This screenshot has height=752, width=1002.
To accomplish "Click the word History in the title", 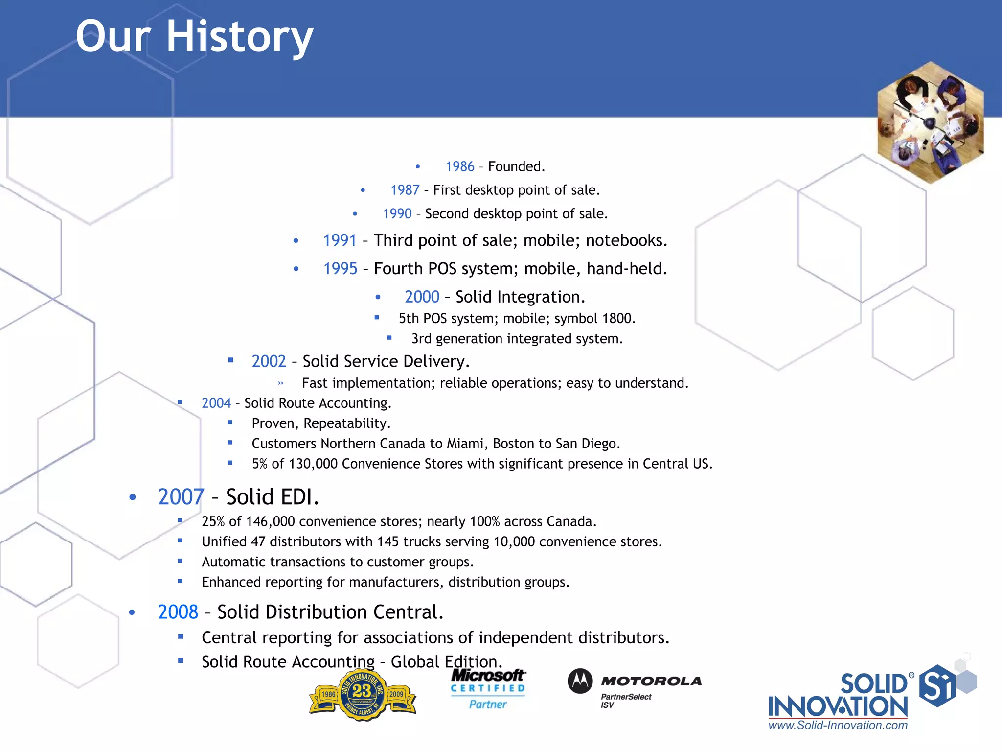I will point(240,37).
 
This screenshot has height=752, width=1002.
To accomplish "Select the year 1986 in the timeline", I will point(459,167).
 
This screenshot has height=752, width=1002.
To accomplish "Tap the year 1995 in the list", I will point(340,269).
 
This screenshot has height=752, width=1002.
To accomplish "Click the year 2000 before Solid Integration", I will point(422,297).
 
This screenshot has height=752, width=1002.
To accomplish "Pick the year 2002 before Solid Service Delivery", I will point(269,361).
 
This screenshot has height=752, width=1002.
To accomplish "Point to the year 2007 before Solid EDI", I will point(181,497).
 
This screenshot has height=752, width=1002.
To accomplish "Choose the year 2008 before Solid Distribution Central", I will point(178,612).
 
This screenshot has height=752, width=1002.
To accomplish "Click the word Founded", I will point(516,167).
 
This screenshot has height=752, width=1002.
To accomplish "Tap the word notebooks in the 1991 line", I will point(626,240).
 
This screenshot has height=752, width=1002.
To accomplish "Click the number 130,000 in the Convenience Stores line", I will point(313,464).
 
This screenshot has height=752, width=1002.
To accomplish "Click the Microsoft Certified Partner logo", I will point(488,689).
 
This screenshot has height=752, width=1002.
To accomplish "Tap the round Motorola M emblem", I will point(580,681).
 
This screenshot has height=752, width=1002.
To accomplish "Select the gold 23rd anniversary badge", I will point(363,694).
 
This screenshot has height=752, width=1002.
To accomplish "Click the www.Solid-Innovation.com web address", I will point(838,725).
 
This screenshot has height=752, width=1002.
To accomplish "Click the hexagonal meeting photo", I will point(930,122).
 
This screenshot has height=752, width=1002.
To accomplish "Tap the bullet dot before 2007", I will point(133,497).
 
